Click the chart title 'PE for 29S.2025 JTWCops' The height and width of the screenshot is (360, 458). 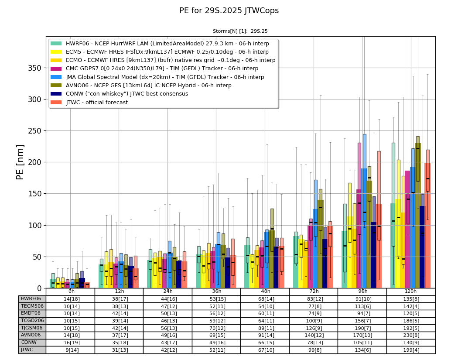pos(229,10)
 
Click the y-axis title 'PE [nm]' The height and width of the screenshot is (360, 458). pos(20,162)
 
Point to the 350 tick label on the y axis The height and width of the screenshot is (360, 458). pos(34,68)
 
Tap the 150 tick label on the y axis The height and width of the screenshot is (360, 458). pos(34,194)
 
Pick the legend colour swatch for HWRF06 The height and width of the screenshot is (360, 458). pos(56,44)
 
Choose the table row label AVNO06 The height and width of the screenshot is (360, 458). pos(31,335)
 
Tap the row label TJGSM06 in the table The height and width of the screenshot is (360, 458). pos(31,328)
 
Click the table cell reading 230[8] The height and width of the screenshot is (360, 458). pos(411,336)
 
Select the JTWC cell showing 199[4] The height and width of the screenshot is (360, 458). pos(411,350)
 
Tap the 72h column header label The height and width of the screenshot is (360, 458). pos(314,291)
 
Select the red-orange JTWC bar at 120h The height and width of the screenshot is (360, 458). pos(427,226)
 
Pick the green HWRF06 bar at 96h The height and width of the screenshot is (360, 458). pos(344,260)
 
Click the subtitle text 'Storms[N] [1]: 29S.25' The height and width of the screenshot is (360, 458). pos(240,31)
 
